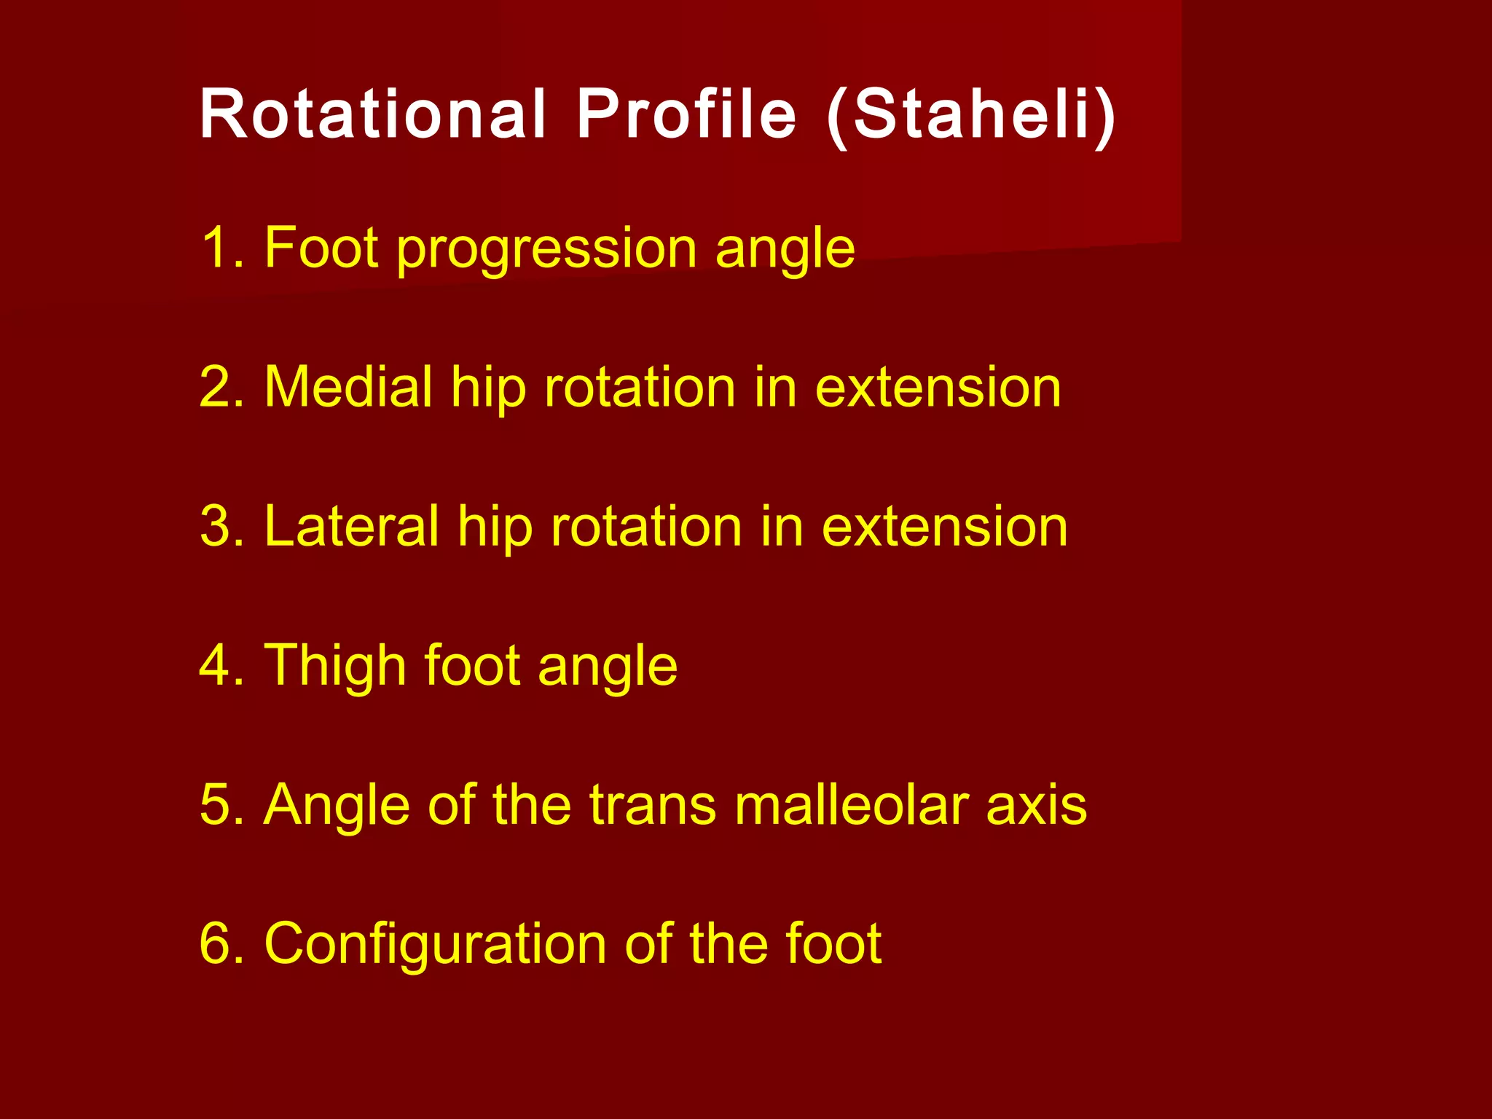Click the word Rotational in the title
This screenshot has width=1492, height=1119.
pos(372,114)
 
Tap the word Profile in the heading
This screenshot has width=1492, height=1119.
pos(686,114)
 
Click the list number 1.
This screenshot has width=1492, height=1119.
pos(219,248)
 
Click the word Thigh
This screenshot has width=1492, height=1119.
pos(334,667)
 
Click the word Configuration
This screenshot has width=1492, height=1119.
pos(435,945)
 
